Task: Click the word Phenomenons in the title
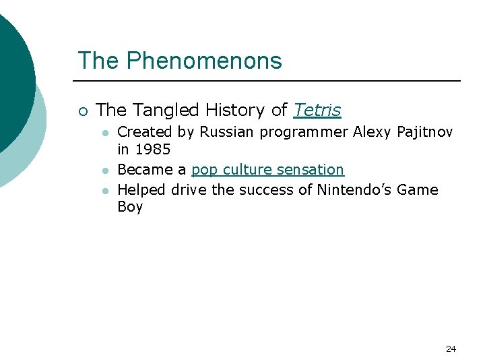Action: coord(204,61)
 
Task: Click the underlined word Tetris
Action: coord(317,110)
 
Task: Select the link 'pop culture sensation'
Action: coord(267,169)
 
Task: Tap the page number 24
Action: coord(451,348)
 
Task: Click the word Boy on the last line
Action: coord(130,207)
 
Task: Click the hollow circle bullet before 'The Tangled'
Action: coord(82,111)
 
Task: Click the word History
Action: coord(227,110)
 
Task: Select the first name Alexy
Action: coord(371,132)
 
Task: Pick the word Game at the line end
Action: coord(417,190)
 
